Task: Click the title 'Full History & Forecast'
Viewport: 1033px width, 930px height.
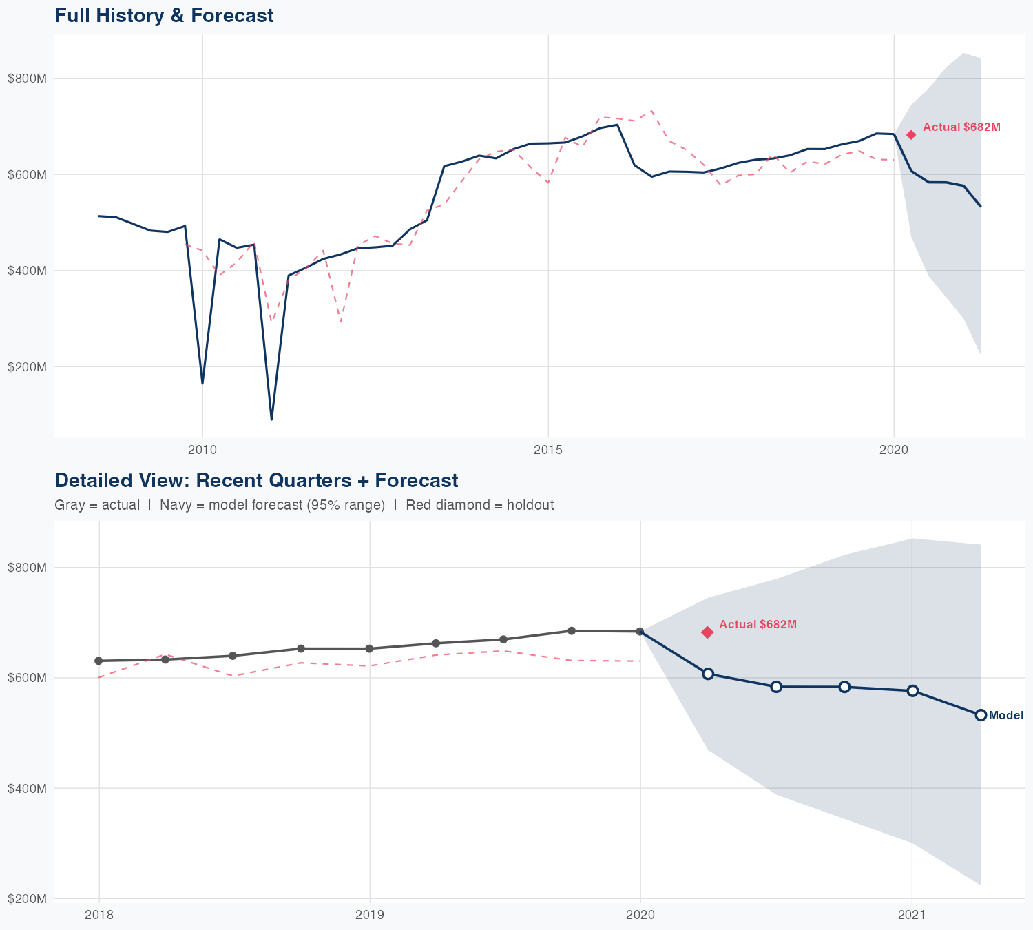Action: point(164,15)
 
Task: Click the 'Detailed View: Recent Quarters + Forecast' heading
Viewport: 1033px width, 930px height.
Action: point(256,480)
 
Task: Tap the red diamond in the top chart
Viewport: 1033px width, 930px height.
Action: point(911,135)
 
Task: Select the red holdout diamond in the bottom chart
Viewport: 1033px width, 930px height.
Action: point(707,632)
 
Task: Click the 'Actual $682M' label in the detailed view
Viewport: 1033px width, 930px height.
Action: point(758,625)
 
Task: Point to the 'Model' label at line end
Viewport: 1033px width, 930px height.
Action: point(1006,716)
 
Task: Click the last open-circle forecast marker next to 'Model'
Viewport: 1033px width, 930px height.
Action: point(981,715)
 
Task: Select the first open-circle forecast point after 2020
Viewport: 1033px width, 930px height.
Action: point(708,674)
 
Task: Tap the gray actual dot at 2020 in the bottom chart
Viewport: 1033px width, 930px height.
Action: point(640,632)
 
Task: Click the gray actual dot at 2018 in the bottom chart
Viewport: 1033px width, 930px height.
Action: point(98,661)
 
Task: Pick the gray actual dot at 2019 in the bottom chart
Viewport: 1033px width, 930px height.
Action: point(369,648)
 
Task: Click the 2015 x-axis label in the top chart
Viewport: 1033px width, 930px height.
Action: point(548,451)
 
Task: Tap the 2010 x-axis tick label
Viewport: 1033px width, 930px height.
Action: point(202,451)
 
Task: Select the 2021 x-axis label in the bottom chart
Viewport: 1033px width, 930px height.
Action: point(912,915)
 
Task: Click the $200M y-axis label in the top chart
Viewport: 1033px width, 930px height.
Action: point(27,367)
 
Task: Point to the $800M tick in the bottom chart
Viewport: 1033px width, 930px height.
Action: point(27,568)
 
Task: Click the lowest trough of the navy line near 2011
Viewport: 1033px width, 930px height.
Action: point(271,419)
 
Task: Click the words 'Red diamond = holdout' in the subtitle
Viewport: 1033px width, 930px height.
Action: point(479,505)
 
